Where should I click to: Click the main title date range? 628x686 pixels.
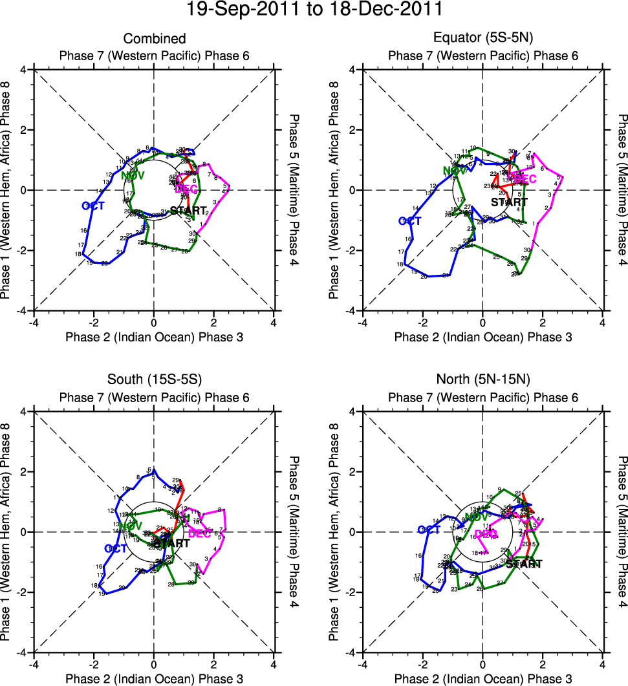[314, 10]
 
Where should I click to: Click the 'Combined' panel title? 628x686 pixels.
[154, 39]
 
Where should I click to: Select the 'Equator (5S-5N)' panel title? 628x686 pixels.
[482, 39]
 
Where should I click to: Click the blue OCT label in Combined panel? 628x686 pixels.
[93, 206]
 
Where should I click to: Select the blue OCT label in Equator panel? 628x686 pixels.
[410, 221]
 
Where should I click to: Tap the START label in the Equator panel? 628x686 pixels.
[509, 202]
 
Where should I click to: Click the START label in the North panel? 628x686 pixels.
[523, 564]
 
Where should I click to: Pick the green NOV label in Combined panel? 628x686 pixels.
[133, 175]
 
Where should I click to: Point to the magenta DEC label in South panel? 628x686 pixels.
[199, 533]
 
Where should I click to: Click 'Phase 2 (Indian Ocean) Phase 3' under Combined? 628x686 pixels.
[154, 337]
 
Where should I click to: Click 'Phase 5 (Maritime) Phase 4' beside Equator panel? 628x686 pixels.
[622, 190]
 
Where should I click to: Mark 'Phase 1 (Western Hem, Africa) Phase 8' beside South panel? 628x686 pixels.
[7, 532]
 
